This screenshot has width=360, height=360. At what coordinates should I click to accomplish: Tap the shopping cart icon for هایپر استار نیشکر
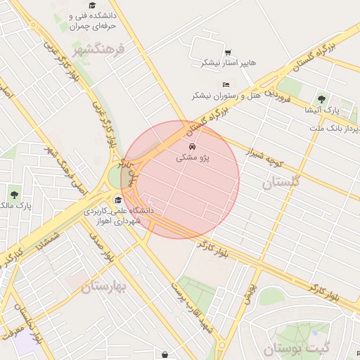click(x=228, y=52)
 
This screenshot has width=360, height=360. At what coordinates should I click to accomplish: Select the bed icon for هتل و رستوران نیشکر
click(x=226, y=85)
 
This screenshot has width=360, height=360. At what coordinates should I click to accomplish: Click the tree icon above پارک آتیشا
click(x=322, y=99)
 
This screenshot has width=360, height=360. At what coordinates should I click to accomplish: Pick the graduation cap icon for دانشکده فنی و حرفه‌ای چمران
click(x=92, y=6)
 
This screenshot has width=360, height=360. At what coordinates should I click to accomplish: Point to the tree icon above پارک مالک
click(x=14, y=195)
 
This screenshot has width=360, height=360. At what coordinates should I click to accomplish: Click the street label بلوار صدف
click(x=101, y=251)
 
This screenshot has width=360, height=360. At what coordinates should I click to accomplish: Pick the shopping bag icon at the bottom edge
click(x=165, y=355)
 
